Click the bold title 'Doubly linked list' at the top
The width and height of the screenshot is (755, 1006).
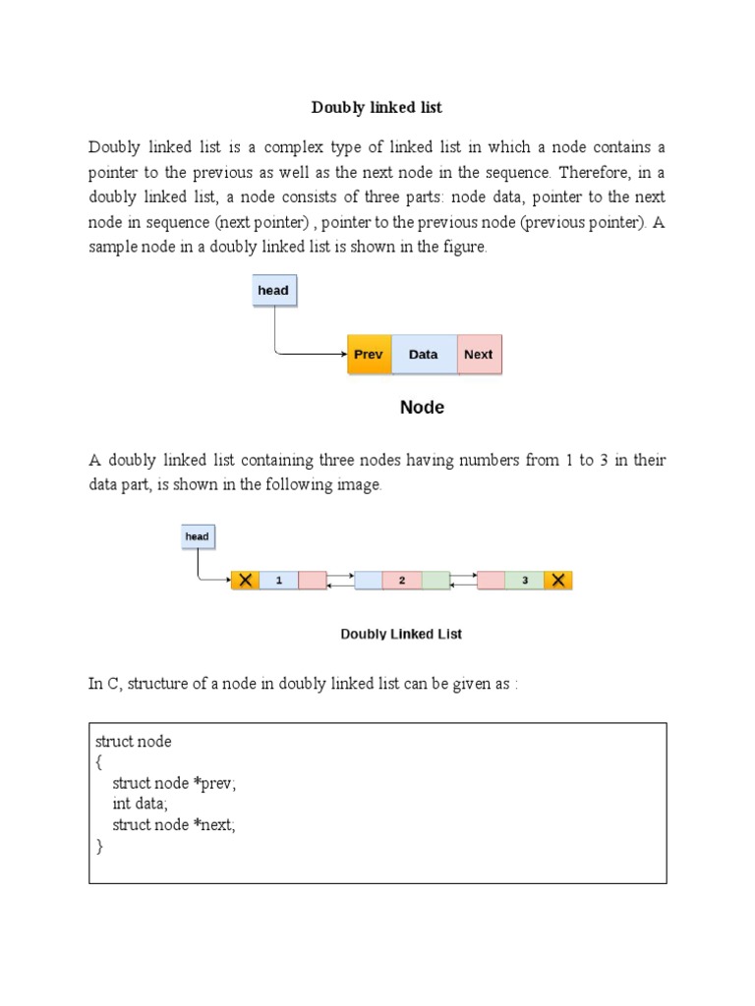tap(377, 107)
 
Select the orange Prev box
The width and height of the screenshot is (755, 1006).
tap(369, 355)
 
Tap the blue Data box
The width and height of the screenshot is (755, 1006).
tap(424, 355)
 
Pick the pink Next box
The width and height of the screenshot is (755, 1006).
tap(479, 355)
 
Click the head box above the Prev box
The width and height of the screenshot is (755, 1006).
tap(273, 291)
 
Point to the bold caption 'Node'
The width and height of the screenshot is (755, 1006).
tap(422, 408)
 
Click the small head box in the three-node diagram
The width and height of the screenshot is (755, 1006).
tap(197, 536)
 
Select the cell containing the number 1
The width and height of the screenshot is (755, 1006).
tap(279, 581)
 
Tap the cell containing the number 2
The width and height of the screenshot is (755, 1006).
tap(401, 581)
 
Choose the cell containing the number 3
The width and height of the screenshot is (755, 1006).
tap(525, 581)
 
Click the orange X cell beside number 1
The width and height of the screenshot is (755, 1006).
tap(245, 581)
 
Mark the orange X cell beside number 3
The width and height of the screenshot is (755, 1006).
tap(558, 581)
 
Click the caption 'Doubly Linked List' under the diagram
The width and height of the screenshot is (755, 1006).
tap(401, 634)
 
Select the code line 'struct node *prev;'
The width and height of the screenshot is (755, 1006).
tap(175, 783)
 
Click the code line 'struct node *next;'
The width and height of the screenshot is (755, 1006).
tap(174, 825)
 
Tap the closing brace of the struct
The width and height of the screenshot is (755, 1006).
tap(98, 846)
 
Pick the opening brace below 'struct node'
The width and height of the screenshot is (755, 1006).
tap(98, 762)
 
